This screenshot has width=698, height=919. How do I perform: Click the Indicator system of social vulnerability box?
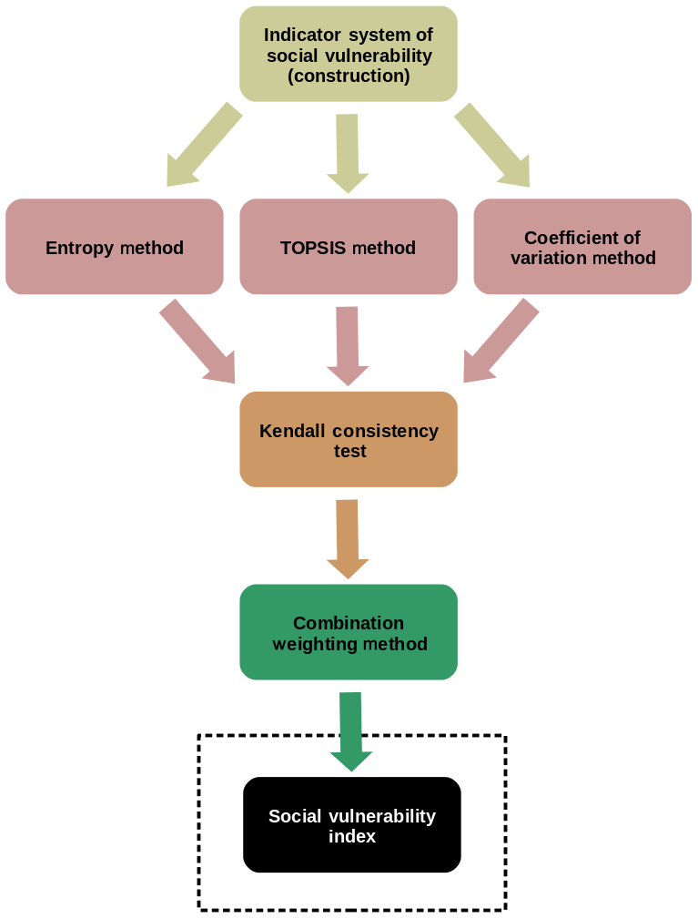348,54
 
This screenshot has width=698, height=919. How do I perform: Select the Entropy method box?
114,247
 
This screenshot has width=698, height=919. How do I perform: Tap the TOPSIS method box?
348,247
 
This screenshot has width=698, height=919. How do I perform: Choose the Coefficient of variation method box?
582,247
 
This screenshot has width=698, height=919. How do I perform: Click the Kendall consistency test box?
348,440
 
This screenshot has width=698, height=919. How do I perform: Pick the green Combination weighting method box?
348,632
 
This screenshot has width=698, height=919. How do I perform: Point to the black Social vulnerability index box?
351,824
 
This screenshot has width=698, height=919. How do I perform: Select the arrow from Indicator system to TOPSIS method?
348,151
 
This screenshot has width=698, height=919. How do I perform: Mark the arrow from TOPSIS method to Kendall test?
348,344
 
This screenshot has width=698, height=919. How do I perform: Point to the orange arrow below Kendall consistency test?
348,537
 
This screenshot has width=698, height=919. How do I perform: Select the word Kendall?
292,431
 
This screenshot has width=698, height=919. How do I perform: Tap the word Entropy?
79,248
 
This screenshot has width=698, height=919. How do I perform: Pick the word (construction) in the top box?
349,76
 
